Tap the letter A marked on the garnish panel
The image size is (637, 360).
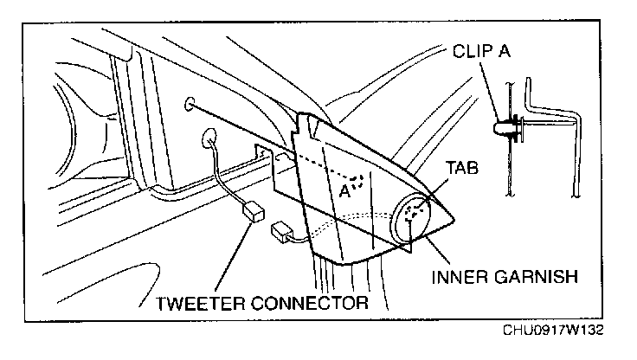pos(344,190)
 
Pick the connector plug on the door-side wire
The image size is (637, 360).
pos(253,210)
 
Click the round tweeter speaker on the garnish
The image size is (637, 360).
pos(412,217)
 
